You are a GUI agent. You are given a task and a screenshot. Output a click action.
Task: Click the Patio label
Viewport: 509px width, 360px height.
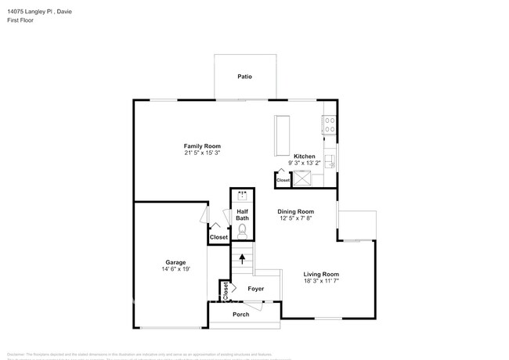pos(245,77)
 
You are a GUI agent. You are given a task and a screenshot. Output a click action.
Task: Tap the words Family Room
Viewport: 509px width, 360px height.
pos(202,146)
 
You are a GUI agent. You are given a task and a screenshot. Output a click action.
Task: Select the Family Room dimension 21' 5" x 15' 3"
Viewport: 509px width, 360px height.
pos(202,153)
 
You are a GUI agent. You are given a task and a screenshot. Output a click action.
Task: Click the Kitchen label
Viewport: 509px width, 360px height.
pos(305,157)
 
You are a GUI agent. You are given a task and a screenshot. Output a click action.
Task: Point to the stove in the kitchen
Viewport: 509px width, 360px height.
pos(330,122)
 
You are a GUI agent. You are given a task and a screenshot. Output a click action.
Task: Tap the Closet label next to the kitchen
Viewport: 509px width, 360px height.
pos(283,180)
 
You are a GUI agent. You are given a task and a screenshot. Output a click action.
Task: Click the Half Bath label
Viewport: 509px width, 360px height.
pos(243,214)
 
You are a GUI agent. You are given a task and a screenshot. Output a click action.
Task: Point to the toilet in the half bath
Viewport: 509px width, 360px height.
pos(243,230)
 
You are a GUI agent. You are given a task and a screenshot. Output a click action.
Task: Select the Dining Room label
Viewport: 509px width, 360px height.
pos(296,211)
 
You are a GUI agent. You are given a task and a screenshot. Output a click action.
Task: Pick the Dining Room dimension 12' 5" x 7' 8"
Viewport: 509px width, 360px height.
pos(296,219)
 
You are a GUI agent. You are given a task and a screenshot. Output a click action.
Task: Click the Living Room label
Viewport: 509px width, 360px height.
pos(322,274)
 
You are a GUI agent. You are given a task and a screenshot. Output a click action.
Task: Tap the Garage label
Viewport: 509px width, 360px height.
pos(175,262)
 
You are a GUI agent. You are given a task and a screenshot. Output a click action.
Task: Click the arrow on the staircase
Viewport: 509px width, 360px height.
pos(243,256)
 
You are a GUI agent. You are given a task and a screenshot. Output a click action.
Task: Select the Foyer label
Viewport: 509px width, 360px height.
pos(255,289)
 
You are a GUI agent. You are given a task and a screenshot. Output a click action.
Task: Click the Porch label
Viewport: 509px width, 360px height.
pos(241,314)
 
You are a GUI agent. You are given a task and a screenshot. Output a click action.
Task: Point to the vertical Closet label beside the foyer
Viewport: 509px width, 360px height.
pos(226,291)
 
